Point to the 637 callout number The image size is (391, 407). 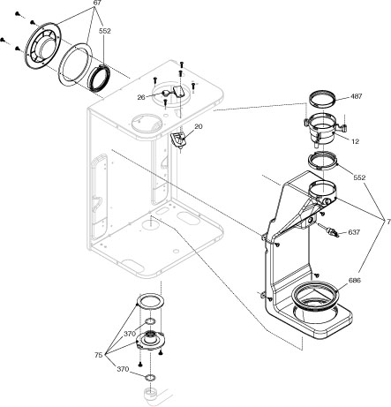(353, 233)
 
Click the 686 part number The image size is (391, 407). (353, 281)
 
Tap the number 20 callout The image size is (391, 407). (198, 127)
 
